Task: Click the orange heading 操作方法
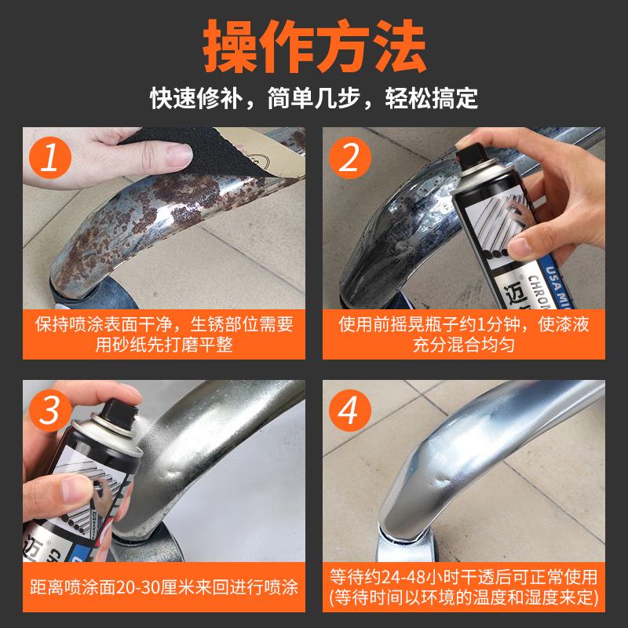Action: tap(315, 46)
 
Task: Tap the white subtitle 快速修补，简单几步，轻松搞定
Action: tap(314, 99)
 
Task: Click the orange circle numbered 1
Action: tap(50, 158)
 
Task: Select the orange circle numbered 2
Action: tap(350, 158)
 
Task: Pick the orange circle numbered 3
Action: tap(50, 411)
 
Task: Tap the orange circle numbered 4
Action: tap(350, 411)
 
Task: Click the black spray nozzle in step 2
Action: tap(470, 156)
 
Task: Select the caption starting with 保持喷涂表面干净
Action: tap(164, 334)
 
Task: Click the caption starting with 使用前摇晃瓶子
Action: tap(464, 334)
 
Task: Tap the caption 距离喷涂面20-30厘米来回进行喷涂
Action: tap(164, 587)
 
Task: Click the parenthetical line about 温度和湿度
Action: tap(464, 597)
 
